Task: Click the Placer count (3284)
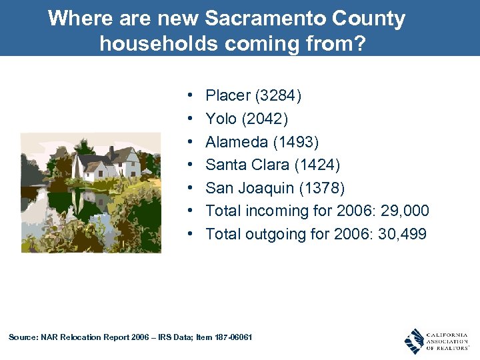point(277,96)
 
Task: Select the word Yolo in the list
point(221,119)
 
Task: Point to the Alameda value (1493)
point(295,142)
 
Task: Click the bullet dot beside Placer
point(191,97)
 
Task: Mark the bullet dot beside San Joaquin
point(191,189)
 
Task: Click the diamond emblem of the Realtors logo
point(415,341)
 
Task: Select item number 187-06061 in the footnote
point(231,337)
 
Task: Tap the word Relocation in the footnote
point(81,337)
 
